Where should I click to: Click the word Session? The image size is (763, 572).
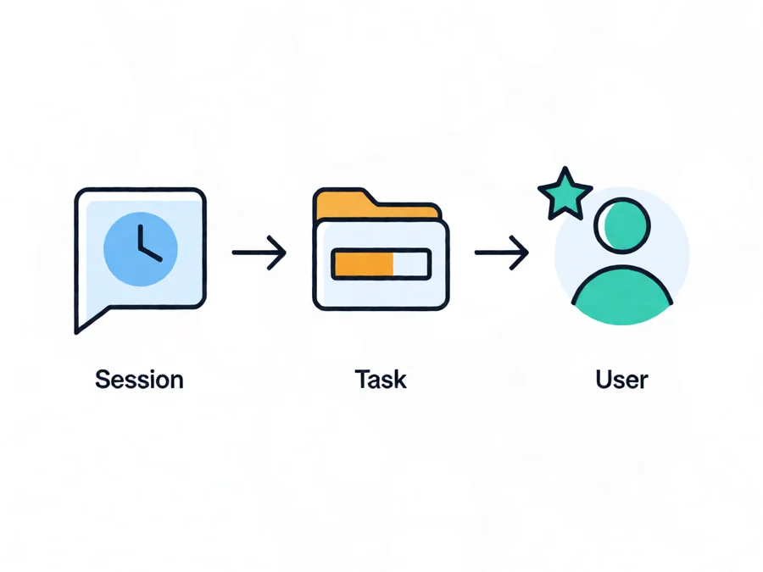[139, 380]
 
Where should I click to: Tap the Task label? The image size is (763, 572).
[381, 380]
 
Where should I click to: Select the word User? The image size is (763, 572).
[622, 380]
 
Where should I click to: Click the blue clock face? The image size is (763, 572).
[141, 249]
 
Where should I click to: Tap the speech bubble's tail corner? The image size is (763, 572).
[76, 333]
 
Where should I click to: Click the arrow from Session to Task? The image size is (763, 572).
[259, 253]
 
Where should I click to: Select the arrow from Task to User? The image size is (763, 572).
[502, 253]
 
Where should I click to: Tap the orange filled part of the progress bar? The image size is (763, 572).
[364, 264]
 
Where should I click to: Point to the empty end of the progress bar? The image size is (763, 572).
[411, 264]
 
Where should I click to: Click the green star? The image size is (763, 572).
[565, 195]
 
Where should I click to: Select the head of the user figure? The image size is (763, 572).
[622, 225]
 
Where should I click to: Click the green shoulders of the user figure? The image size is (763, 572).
[622, 296]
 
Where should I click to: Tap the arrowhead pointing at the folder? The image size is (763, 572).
[277, 253]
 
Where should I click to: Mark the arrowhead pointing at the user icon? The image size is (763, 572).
[520, 253]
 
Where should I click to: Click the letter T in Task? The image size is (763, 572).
[362, 380]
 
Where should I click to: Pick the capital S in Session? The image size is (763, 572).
[103, 380]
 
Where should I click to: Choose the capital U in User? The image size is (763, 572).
[604, 380]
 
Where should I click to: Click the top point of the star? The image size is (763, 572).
[565, 167]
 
